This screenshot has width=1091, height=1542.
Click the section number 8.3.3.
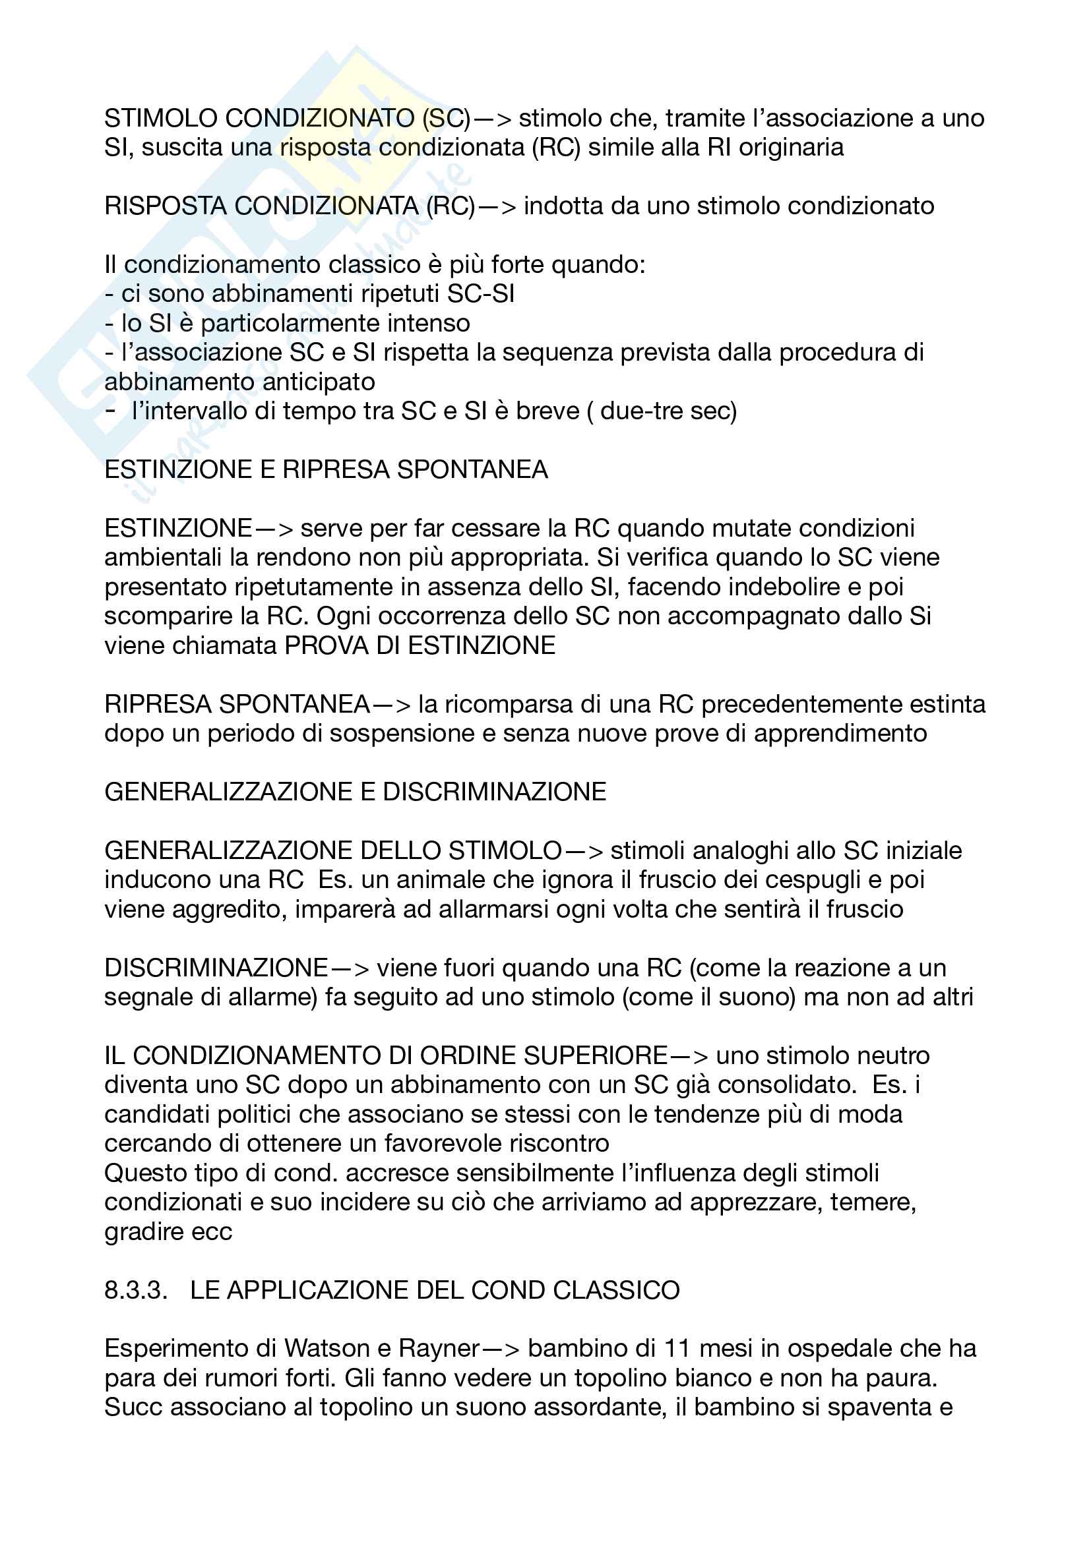[x=136, y=1291]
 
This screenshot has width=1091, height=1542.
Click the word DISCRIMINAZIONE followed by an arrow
[x=216, y=968]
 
